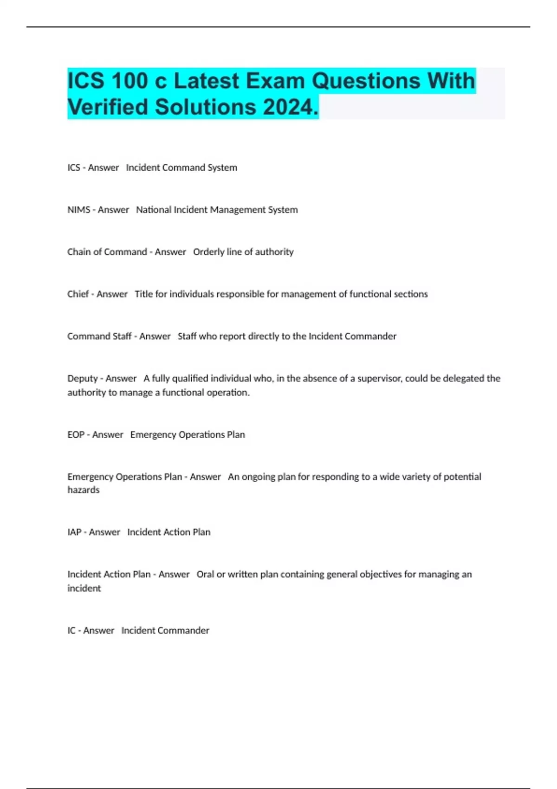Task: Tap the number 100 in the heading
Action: point(130,81)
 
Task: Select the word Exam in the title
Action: point(275,81)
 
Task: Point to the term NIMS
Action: point(78,210)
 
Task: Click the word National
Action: point(153,210)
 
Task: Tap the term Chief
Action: point(78,294)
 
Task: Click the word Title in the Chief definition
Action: point(143,294)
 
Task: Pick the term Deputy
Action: point(83,379)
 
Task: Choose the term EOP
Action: point(76,435)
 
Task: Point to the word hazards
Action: point(84,490)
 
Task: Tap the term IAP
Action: point(74,532)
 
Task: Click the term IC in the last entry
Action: point(71,631)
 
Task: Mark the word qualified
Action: point(189,379)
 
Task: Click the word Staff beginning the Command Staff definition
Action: point(187,336)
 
